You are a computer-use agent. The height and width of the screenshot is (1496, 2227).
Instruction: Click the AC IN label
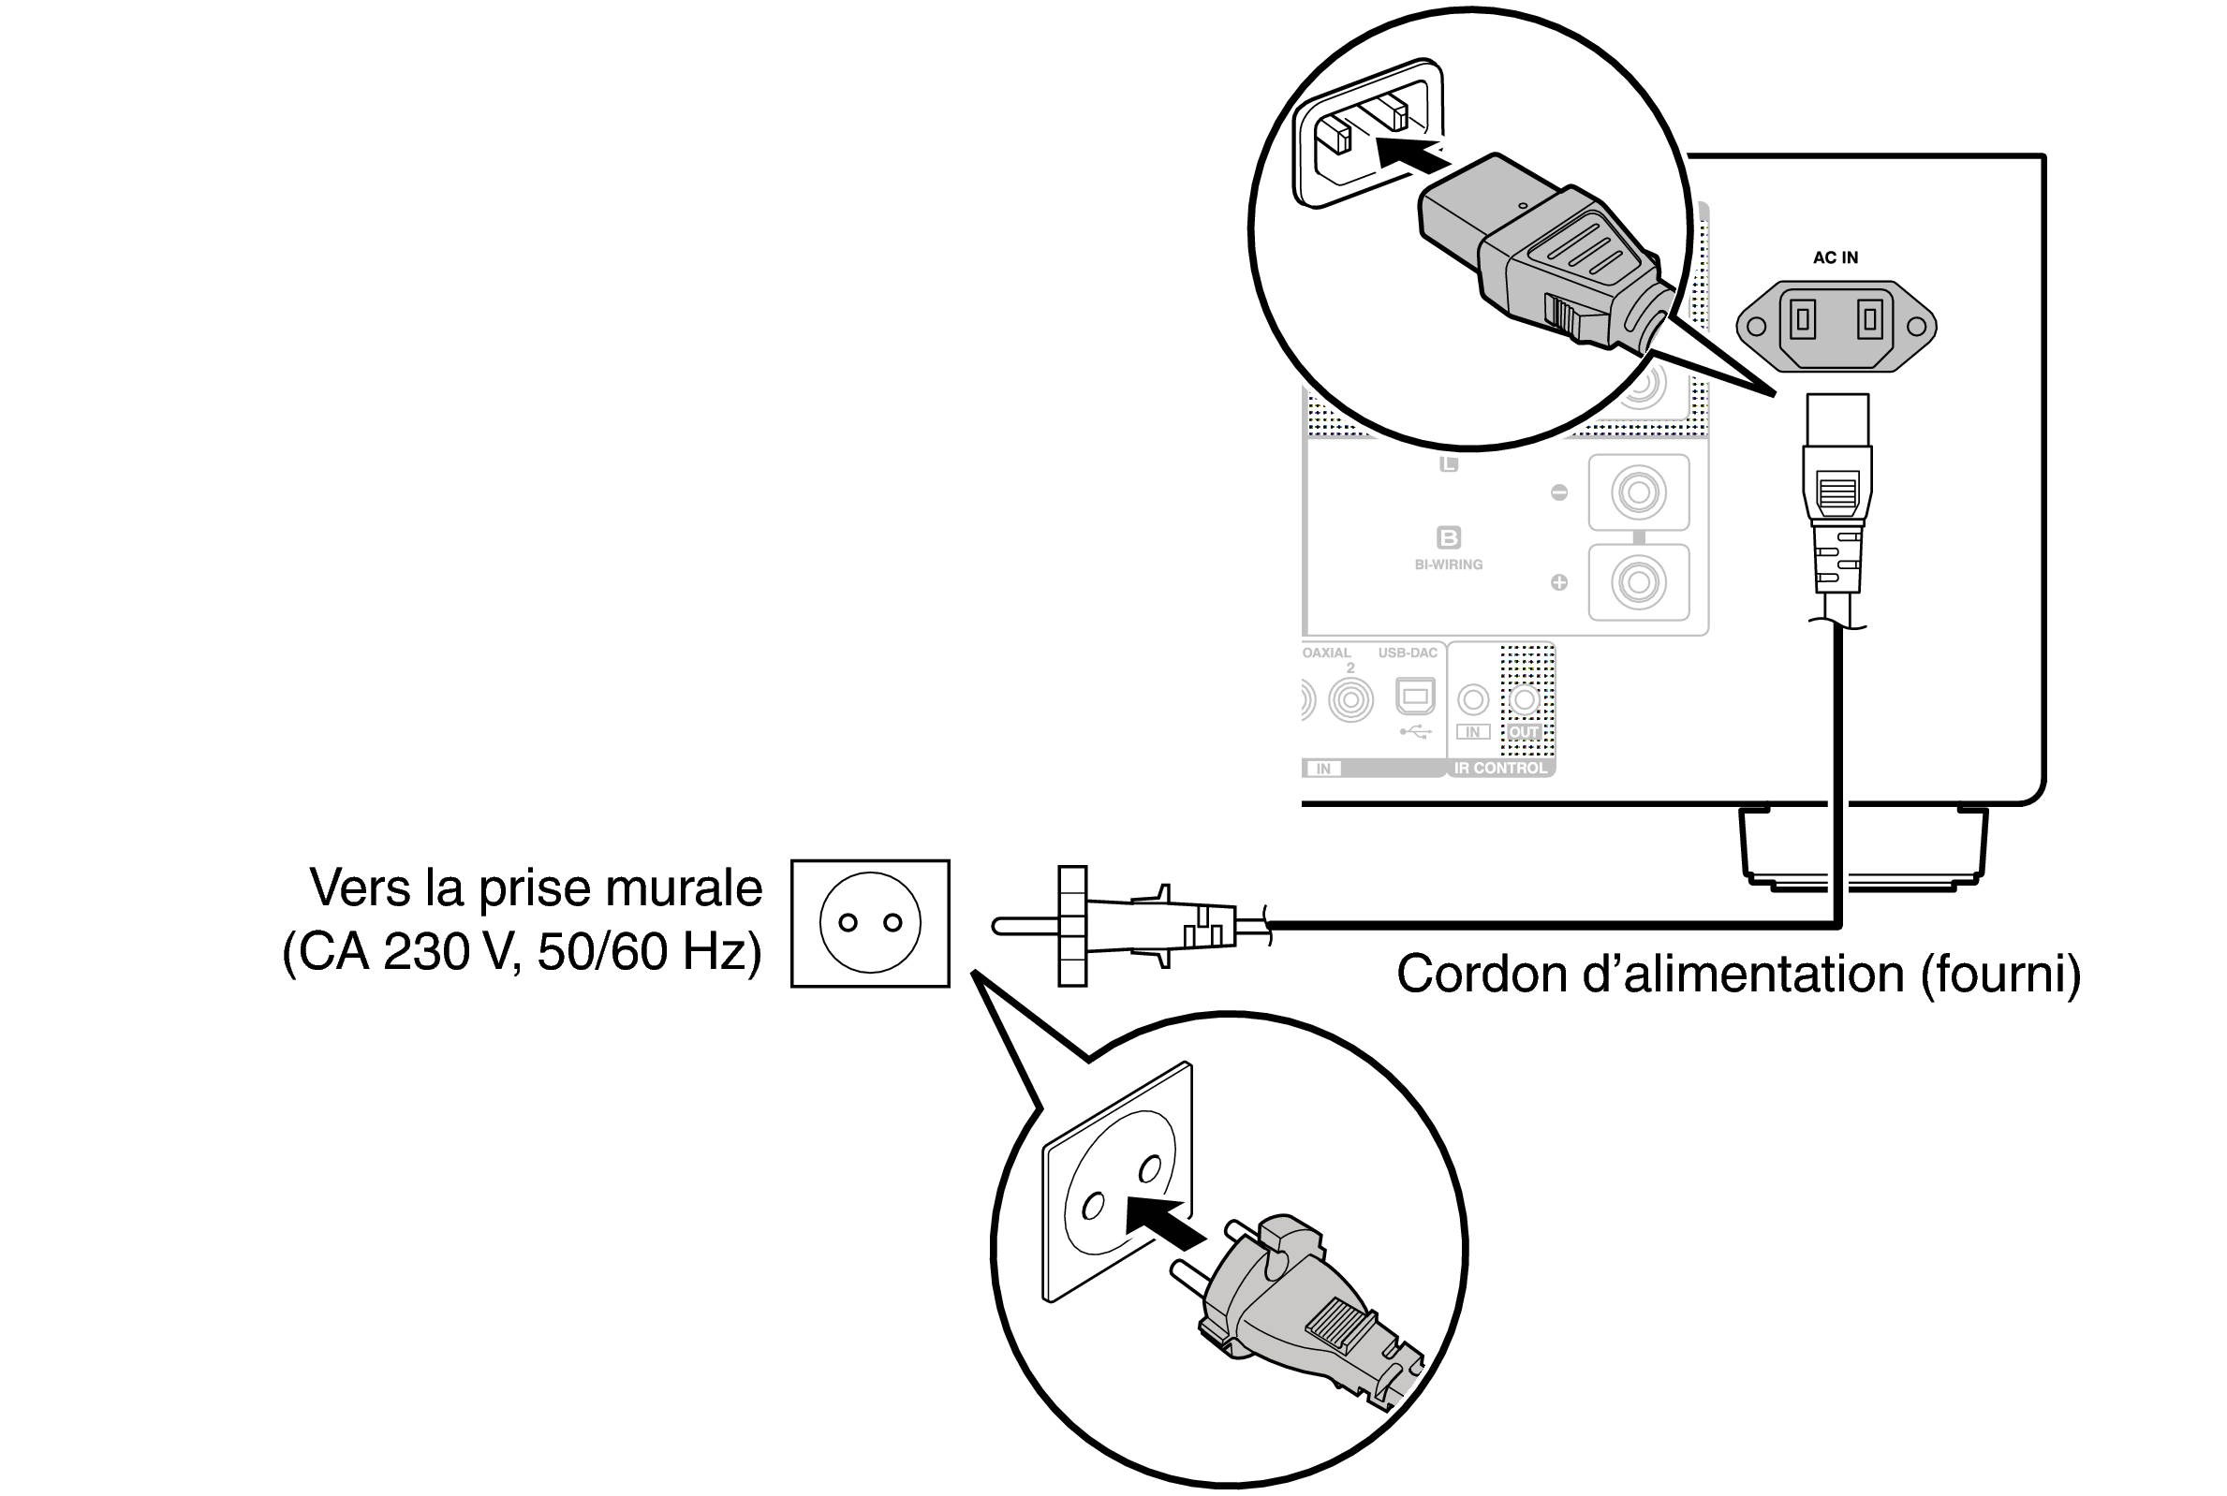point(1835,257)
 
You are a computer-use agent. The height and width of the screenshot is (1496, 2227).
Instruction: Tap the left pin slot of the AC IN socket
point(1803,318)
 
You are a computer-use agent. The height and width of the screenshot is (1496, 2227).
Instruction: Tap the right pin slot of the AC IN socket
point(1869,318)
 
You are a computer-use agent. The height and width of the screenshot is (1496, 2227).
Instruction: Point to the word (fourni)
point(2001,975)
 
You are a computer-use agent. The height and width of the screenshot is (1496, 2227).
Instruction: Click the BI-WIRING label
point(1448,565)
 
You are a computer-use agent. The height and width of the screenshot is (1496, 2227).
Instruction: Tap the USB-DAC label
point(1408,653)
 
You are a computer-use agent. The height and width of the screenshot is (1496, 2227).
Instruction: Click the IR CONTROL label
point(1500,768)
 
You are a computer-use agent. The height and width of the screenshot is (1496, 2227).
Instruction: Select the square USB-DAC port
point(1415,697)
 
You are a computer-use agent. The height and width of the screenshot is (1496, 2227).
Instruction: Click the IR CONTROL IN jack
point(1473,699)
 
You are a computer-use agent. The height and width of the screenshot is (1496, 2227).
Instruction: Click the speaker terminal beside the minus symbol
point(1638,492)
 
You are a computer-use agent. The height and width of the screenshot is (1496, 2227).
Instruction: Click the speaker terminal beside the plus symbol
point(1638,582)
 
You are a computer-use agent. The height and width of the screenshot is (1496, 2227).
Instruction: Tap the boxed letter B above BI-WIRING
point(1449,537)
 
